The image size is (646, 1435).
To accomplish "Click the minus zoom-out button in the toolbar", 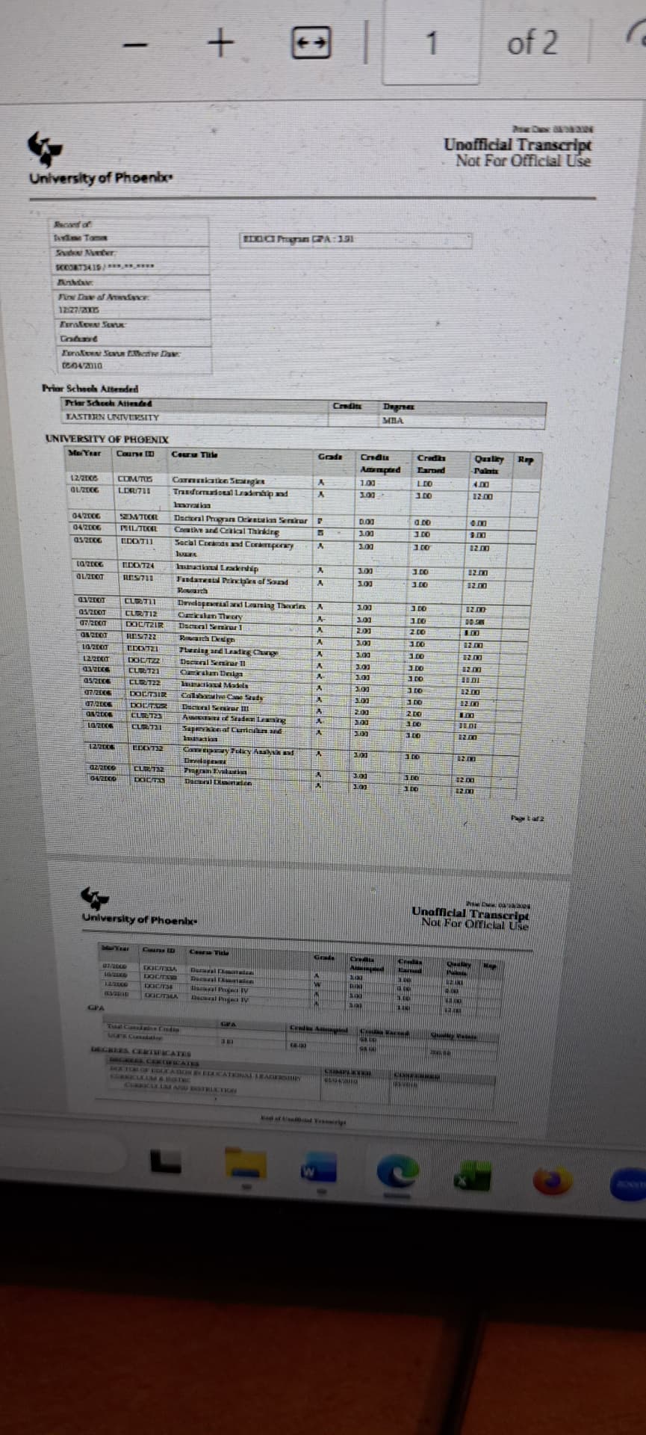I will pos(137,45).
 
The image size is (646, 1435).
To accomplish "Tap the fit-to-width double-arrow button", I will pos(310,44).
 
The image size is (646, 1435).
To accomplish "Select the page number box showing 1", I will pos(431,43).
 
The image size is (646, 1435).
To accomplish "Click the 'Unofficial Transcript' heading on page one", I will pos(518,144).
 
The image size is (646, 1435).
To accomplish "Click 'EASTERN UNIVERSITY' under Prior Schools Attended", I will pos(112,417).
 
